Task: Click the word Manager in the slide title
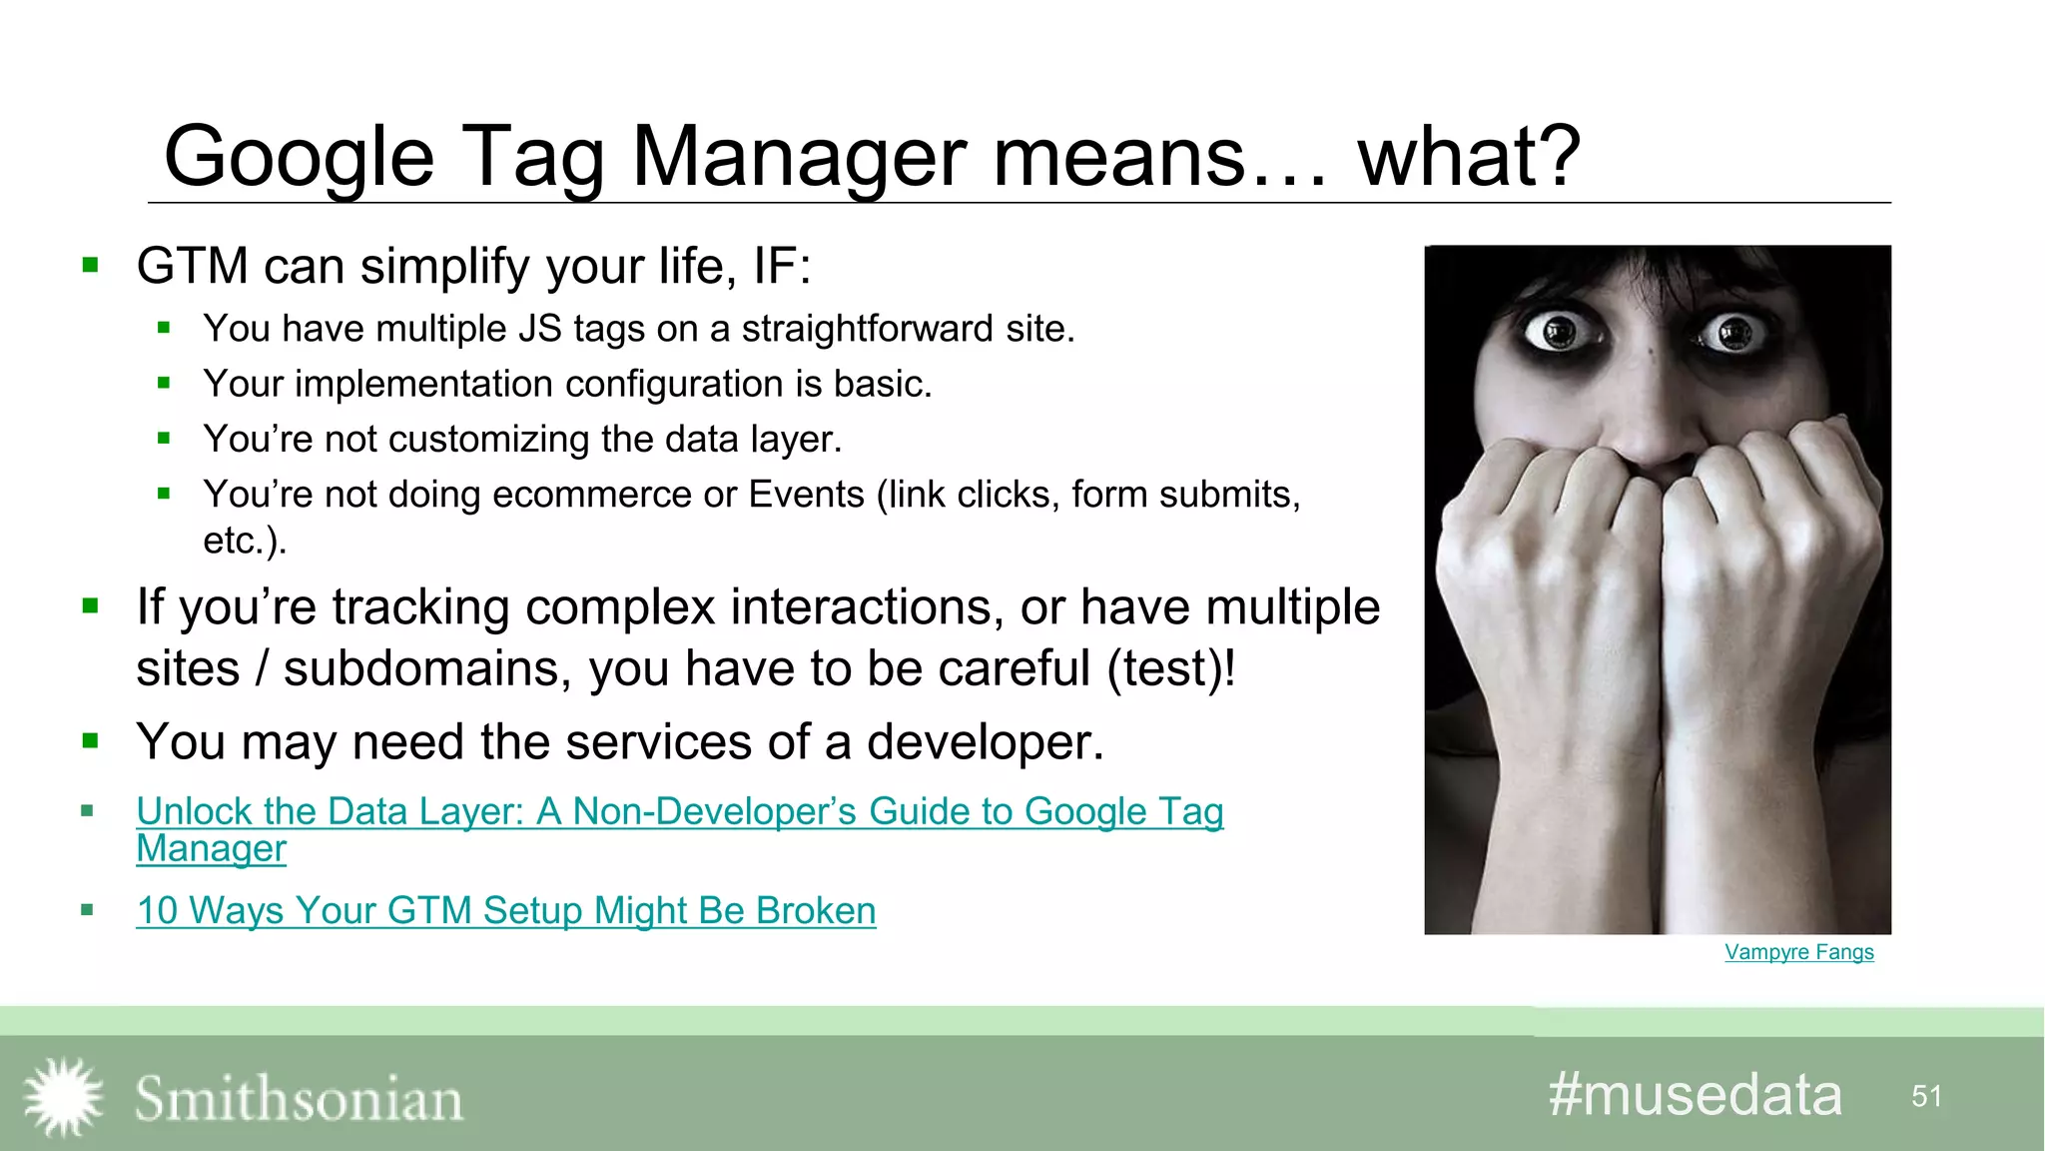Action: tap(799, 158)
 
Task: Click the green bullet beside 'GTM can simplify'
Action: tap(91, 266)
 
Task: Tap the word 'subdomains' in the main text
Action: tap(426, 668)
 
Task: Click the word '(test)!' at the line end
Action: tap(1170, 668)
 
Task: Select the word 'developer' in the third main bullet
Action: tap(983, 742)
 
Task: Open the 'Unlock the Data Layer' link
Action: tap(679, 812)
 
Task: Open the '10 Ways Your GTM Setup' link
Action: tap(505, 911)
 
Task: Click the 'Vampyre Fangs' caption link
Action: tap(1798, 952)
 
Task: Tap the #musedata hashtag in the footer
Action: tap(1695, 1095)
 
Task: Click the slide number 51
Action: tap(1926, 1097)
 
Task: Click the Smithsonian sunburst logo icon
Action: tap(63, 1097)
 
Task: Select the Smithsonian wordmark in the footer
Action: tap(299, 1099)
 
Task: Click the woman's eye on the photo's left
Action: tap(1558, 332)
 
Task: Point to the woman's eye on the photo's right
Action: tap(1734, 333)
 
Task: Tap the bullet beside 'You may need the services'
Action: tap(91, 741)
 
